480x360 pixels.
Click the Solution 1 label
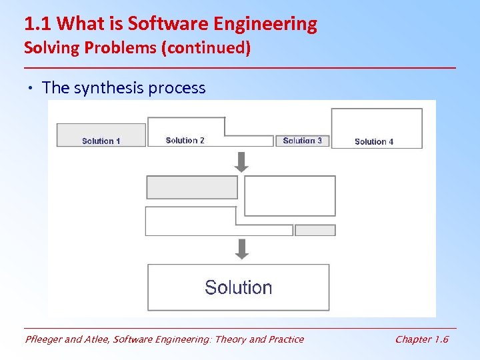(x=101, y=141)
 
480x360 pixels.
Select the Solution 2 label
(x=185, y=140)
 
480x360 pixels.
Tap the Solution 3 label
(x=302, y=140)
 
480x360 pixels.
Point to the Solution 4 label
(x=374, y=141)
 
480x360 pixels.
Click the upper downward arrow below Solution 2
(x=242, y=161)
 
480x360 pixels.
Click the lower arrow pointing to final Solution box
(x=242, y=249)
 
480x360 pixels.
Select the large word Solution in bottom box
(x=238, y=287)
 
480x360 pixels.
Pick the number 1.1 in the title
(x=38, y=25)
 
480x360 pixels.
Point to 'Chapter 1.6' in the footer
(x=421, y=339)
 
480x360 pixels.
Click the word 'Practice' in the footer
(x=285, y=339)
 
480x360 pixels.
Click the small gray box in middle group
(x=315, y=230)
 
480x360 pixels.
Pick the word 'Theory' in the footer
(x=229, y=339)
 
